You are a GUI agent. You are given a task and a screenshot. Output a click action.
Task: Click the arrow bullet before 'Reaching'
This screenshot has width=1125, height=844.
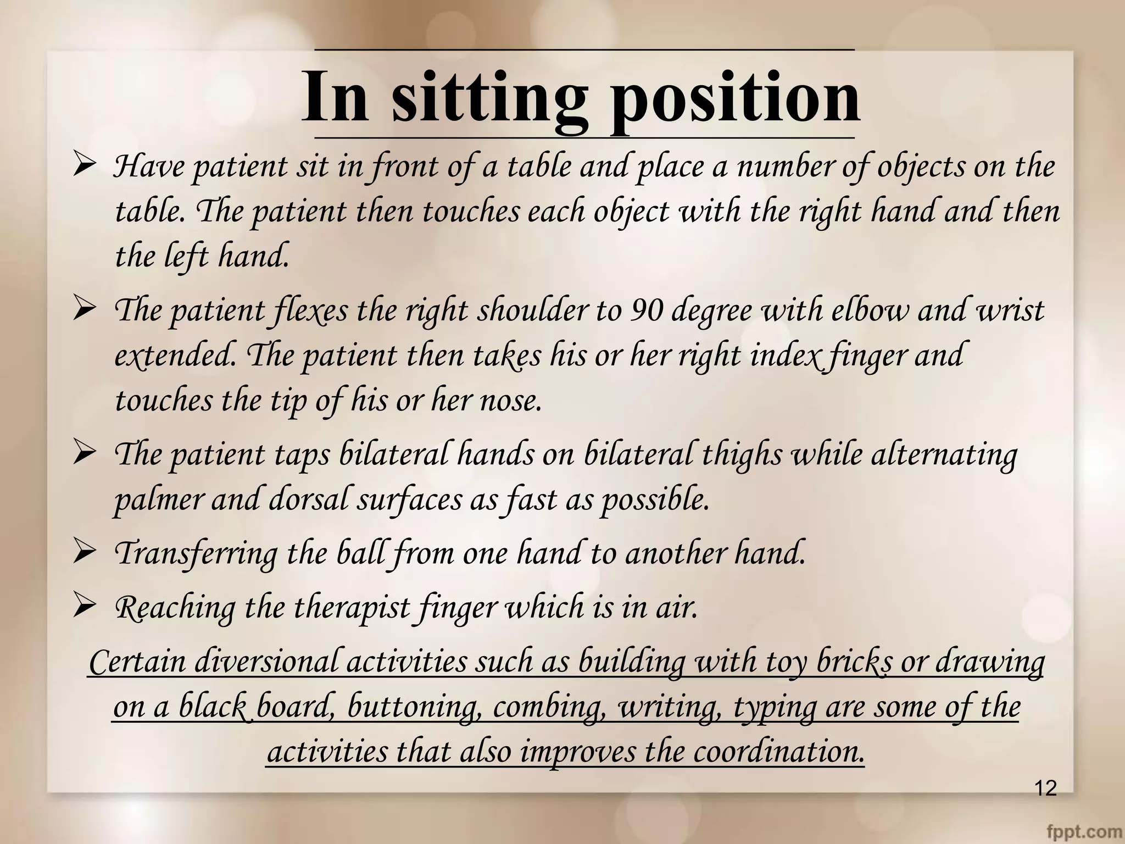(85, 607)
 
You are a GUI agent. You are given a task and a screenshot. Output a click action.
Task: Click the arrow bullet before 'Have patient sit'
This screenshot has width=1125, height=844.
(85, 165)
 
